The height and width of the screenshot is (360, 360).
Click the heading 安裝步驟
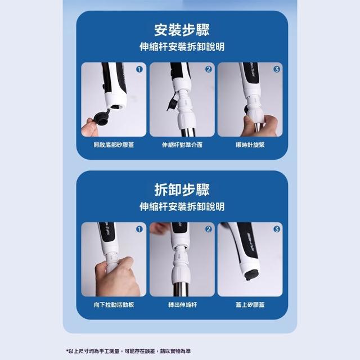[182, 30]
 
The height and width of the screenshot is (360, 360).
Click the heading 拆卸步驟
[182, 190]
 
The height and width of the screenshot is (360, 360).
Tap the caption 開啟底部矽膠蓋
[114, 145]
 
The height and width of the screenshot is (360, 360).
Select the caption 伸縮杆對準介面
[182, 145]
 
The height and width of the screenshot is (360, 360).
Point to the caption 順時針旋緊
[250, 145]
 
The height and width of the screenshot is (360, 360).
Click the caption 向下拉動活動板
[114, 305]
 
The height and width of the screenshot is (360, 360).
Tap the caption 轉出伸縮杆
[182, 305]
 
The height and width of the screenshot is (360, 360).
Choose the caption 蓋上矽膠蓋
[250, 305]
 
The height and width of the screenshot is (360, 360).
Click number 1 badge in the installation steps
[139, 69]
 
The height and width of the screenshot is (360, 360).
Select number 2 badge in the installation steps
[209, 69]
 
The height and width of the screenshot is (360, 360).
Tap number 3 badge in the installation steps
[277, 69]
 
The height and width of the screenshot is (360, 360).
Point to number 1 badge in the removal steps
[139, 229]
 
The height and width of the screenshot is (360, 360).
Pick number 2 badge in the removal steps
[209, 229]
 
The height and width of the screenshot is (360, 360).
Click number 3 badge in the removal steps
[277, 229]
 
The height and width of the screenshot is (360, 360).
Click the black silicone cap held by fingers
[101, 118]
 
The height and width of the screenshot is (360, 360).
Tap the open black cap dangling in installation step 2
[172, 102]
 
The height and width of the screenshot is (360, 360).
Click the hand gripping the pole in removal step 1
[116, 277]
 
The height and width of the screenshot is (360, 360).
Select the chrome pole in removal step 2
[181, 289]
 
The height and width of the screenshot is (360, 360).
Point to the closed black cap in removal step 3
[251, 275]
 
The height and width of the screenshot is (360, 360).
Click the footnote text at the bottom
[129, 351]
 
